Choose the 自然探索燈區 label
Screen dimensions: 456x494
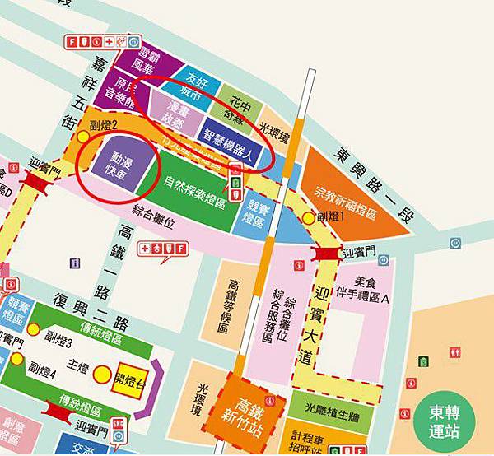[x=198, y=182]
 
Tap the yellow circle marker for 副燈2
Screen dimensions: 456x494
[x=85, y=133]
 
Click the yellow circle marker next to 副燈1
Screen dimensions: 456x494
[x=310, y=217]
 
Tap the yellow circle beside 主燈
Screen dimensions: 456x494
[x=100, y=375]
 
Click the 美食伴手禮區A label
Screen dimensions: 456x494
[x=363, y=289]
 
